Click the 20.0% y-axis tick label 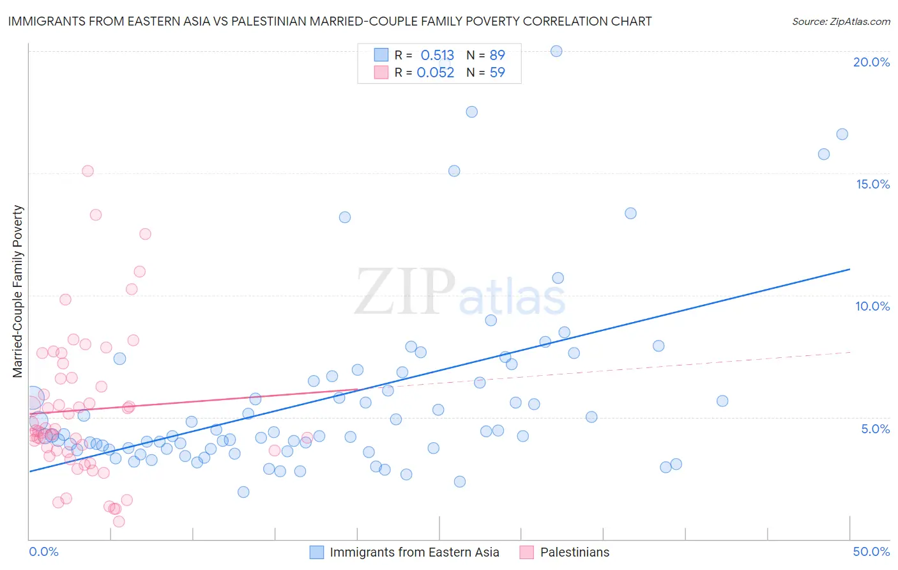[x=871, y=62]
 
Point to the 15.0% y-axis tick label [x=872, y=184]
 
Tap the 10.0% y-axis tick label [x=872, y=306]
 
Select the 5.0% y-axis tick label [x=875, y=429]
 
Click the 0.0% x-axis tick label [x=43, y=551]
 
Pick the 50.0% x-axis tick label [x=871, y=551]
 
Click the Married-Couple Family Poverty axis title [x=18, y=291]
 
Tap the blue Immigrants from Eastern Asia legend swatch [x=317, y=552]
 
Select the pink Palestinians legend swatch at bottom [x=527, y=552]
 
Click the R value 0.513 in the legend [x=437, y=56]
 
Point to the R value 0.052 [x=436, y=73]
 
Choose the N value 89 [x=497, y=56]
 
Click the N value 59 [x=497, y=73]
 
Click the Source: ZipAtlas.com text [x=841, y=22]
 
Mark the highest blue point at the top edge [x=556, y=51]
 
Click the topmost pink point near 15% [x=88, y=171]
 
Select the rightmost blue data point [x=842, y=134]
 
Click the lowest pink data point [x=119, y=521]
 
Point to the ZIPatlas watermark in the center [x=460, y=293]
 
